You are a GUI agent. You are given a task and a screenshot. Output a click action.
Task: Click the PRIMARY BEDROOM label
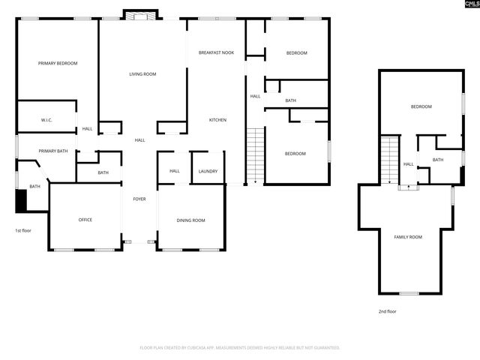(x=58, y=64)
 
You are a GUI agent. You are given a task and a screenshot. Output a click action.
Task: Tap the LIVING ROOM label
(x=142, y=73)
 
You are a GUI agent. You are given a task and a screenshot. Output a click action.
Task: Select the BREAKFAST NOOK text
(x=216, y=53)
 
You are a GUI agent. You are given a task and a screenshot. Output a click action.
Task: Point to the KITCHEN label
(x=217, y=120)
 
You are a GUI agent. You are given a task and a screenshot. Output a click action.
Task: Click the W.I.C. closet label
(x=36, y=120)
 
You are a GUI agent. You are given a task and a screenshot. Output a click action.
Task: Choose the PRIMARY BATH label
(x=53, y=151)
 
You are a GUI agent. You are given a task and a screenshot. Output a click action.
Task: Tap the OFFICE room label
(x=85, y=220)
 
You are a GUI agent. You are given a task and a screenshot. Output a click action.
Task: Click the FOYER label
(x=139, y=199)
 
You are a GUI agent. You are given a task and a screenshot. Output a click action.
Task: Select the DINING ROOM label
(x=190, y=220)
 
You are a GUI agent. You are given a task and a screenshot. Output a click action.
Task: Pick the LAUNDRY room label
(x=208, y=171)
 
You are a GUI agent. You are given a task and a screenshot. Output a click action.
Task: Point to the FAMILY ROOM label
(x=408, y=237)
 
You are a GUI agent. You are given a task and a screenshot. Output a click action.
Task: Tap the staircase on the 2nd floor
(x=389, y=160)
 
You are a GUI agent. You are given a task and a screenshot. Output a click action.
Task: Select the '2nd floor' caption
(x=387, y=310)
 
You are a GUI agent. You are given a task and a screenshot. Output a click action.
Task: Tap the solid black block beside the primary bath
(x=21, y=201)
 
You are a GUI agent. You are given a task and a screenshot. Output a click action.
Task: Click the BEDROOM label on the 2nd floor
(x=421, y=106)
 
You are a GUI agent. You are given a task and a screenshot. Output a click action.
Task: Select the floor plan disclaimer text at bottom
(x=240, y=348)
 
